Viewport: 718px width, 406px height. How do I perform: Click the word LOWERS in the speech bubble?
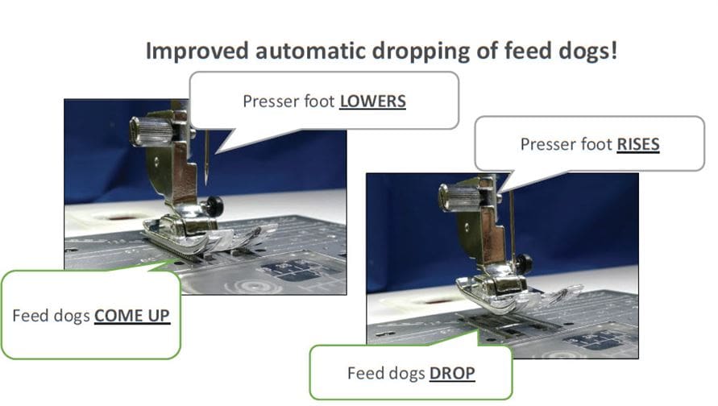[372, 101]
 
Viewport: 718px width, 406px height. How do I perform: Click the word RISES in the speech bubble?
[638, 145]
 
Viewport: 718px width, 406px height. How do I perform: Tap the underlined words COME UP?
[132, 315]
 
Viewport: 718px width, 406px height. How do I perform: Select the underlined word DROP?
[452, 373]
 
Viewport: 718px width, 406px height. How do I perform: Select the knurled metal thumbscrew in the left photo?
[149, 131]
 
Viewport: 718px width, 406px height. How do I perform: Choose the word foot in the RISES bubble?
[595, 145]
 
